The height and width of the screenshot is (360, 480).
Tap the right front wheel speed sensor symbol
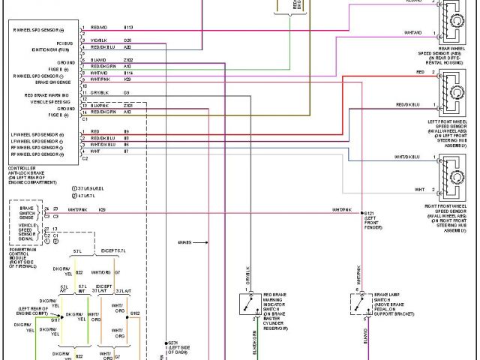coord(455,178)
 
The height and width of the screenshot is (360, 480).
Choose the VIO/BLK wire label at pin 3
coord(98,39)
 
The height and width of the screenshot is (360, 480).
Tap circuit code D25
coord(127,39)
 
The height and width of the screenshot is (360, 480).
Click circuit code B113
coord(128,26)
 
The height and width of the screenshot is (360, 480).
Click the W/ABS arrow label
coord(184,242)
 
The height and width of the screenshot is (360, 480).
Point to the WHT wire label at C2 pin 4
coord(94,151)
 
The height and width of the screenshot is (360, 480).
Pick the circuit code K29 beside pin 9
coord(127,79)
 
